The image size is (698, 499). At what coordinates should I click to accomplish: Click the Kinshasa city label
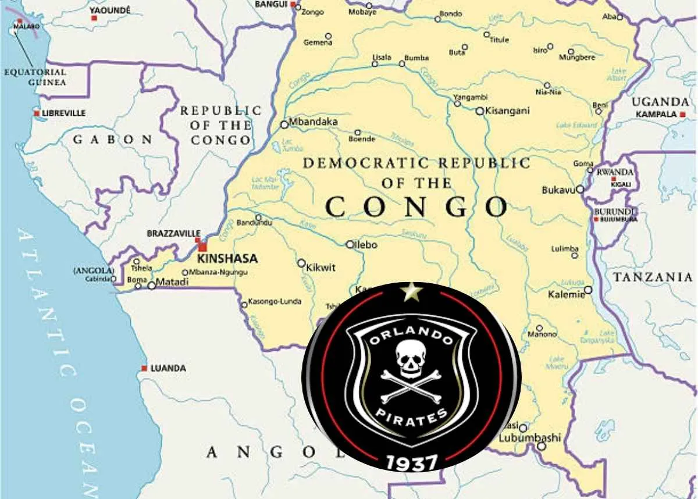[227, 259]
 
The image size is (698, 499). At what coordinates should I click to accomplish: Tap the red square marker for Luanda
[144, 368]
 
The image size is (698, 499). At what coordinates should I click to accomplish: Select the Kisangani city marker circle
[479, 111]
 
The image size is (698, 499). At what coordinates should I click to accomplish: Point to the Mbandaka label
[313, 122]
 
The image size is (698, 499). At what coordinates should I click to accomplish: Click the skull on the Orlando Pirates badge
[410, 358]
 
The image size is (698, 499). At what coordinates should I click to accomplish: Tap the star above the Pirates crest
[412, 291]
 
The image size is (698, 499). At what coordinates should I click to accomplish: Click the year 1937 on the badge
[412, 462]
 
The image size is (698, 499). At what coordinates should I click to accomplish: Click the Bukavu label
[558, 190]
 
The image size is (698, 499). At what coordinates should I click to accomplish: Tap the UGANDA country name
[660, 102]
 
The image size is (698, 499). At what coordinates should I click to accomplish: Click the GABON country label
[113, 140]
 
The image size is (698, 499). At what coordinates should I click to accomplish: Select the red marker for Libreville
[37, 113]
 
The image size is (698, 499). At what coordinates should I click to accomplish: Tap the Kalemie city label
[566, 295]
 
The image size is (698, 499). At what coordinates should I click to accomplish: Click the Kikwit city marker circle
[301, 263]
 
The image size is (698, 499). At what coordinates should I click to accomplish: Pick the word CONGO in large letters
[416, 207]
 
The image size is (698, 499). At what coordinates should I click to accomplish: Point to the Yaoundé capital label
[111, 10]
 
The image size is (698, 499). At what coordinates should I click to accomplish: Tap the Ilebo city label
[366, 245]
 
